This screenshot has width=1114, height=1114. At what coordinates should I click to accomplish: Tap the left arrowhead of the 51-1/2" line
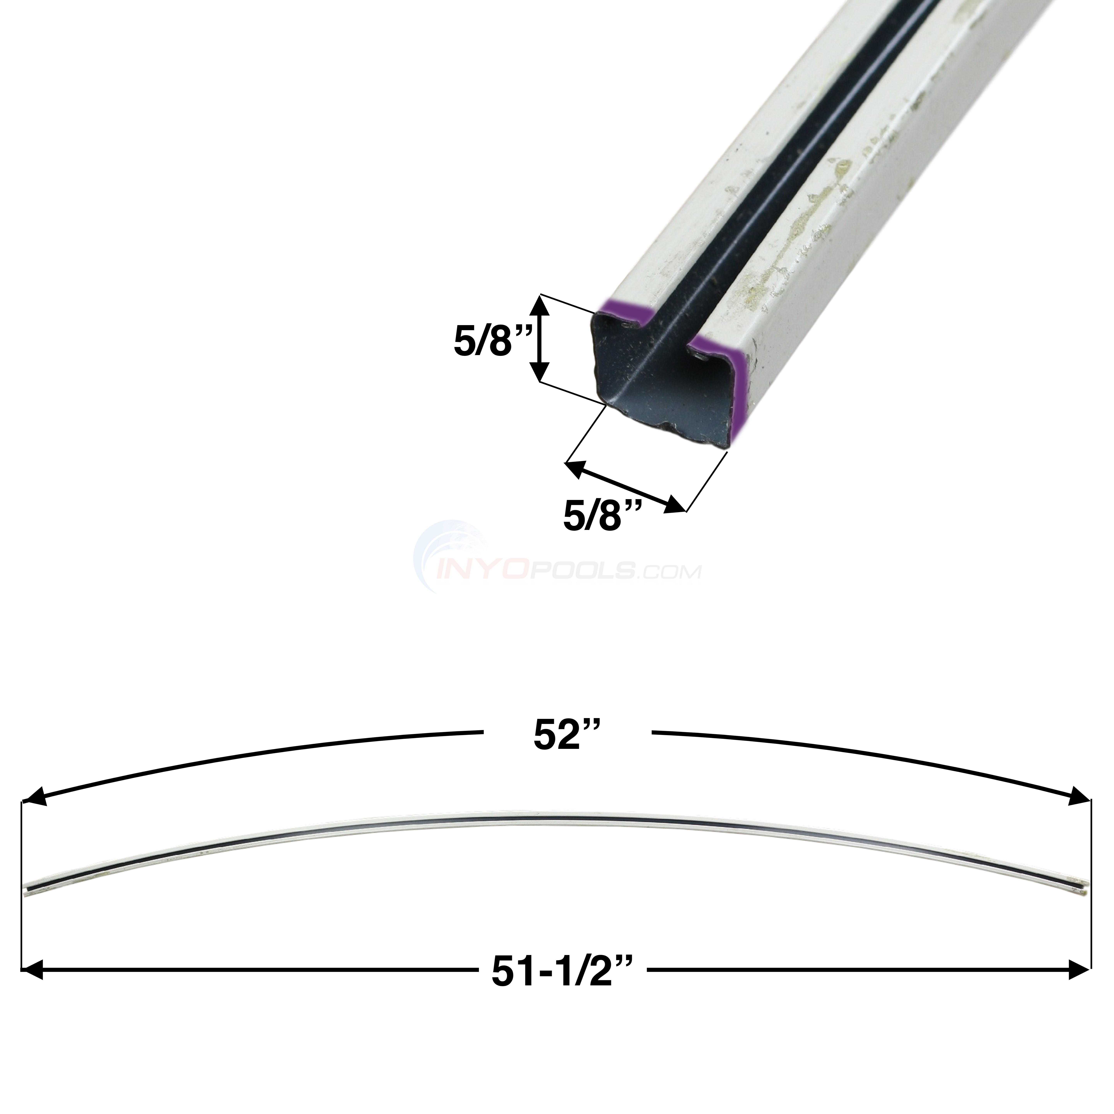pyautogui.click(x=33, y=969)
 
